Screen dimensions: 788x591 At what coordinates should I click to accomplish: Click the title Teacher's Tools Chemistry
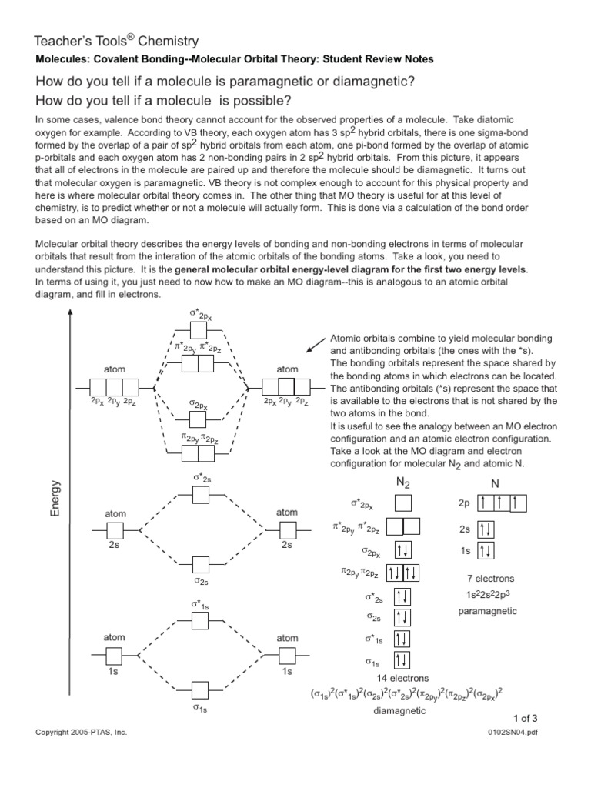point(117,41)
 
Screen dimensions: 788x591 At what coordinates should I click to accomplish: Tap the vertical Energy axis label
point(55,498)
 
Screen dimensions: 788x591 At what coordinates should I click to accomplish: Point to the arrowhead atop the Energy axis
point(71,313)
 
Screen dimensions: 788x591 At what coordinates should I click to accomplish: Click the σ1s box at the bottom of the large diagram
point(200,689)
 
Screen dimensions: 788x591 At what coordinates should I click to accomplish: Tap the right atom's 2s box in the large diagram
point(287,529)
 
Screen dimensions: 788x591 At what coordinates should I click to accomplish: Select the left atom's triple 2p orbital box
point(115,386)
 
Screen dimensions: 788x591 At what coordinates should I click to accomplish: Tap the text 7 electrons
point(490,578)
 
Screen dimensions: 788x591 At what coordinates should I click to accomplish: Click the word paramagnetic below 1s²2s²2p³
point(488,611)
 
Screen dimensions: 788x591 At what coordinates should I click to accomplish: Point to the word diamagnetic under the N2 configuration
point(399,711)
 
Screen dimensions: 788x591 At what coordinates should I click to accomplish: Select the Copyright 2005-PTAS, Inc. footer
point(81,733)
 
